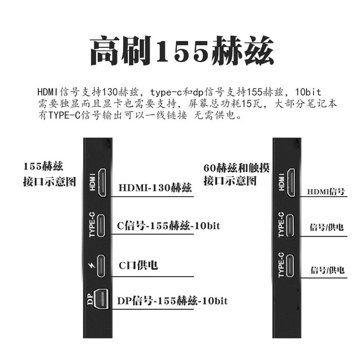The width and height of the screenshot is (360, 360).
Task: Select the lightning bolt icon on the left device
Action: click(x=93, y=267)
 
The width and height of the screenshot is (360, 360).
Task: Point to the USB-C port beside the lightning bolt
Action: click(x=102, y=266)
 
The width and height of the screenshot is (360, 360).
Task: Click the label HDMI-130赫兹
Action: click(x=155, y=188)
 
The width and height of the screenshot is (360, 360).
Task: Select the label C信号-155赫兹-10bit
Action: click(x=168, y=225)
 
